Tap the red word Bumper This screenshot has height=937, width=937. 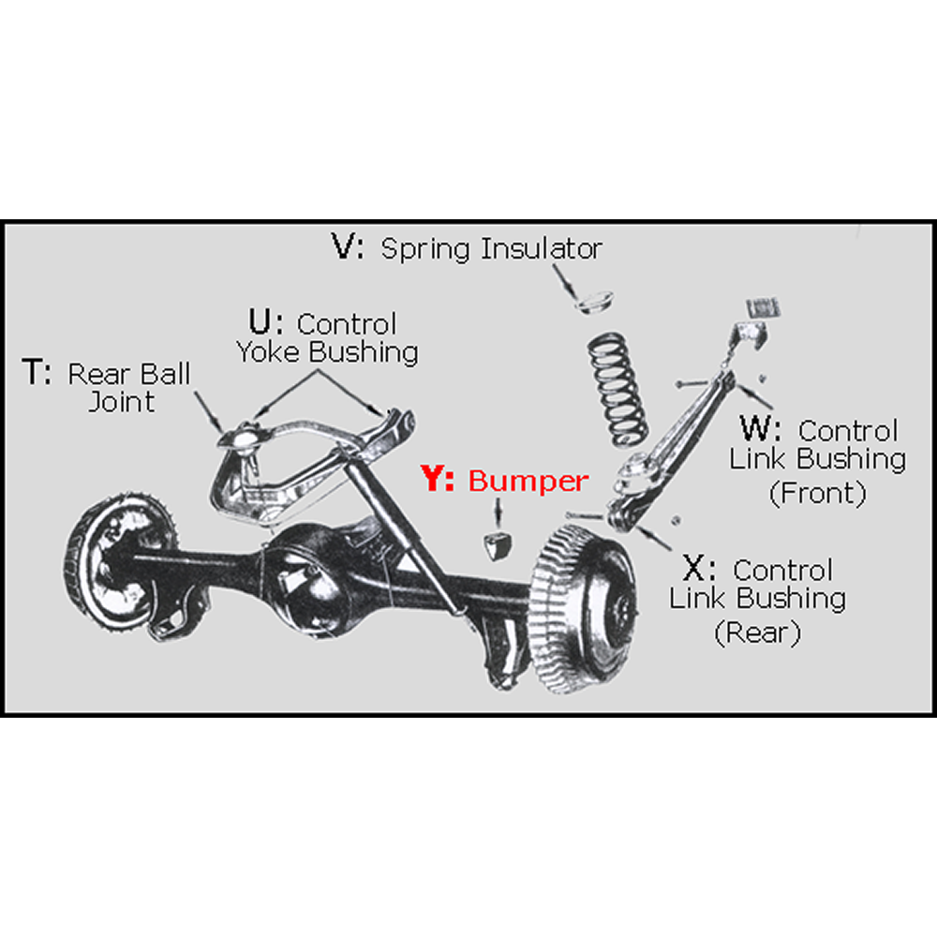pos(528,481)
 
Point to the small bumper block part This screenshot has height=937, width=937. pos(498,544)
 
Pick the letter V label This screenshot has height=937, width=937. pos(346,247)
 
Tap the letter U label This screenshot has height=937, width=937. pos(262,323)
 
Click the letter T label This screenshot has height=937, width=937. pos(35,375)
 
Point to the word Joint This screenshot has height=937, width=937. pos(123,402)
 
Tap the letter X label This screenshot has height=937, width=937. pos(696,569)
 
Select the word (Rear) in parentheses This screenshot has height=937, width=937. pos(757,632)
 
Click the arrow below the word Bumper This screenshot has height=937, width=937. pos(498,512)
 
